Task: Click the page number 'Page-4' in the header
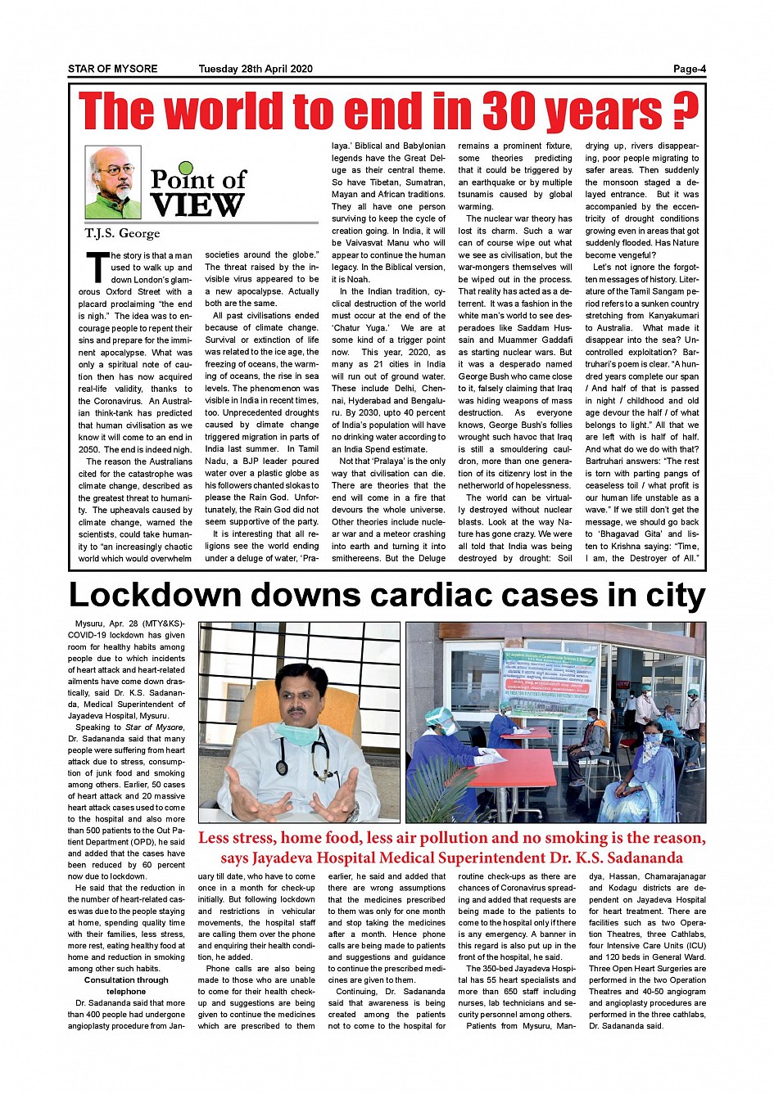[x=689, y=69]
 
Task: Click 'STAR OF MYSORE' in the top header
[x=113, y=69]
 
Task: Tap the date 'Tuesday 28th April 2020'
[x=256, y=69]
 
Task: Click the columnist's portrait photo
[x=113, y=182]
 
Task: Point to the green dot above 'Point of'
[x=186, y=169]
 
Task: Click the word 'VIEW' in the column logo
[x=197, y=205]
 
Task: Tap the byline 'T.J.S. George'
[x=122, y=233]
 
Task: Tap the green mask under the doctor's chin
[x=299, y=732]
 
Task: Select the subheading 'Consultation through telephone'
[x=126, y=985]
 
